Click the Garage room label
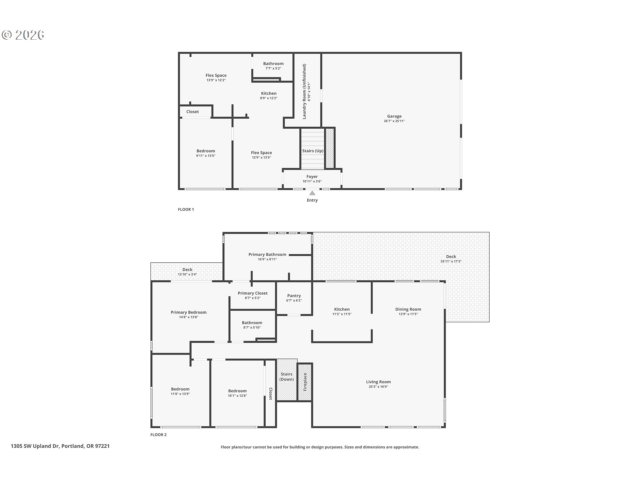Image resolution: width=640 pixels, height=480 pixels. point(394,116)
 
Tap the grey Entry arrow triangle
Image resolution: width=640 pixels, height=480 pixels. point(312,193)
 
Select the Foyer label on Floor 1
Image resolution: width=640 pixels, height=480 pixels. point(312,177)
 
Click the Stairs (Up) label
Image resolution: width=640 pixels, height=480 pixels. point(313,151)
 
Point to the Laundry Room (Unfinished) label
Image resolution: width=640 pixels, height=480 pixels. point(304,92)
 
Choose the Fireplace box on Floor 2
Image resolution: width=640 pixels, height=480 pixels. point(305,382)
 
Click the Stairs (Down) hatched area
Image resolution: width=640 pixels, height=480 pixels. point(287,380)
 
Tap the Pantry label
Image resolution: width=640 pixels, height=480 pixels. point(294,296)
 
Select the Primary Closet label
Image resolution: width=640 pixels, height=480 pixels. point(253,293)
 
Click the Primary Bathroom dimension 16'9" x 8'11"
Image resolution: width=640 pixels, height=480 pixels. point(267,259)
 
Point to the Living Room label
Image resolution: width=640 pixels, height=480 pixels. point(378,382)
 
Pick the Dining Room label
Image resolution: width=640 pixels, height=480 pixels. point(408,309)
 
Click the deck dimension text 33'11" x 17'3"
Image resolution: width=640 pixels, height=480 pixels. point(451,261)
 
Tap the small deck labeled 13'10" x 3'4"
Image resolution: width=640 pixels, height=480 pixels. point(187,272)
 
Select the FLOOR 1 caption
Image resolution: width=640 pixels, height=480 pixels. point(186,209)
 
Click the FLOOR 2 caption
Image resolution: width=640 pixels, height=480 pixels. point(158,435)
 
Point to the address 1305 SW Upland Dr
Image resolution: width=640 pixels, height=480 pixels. point(35,446)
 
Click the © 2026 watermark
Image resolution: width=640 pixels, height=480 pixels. point(23,35)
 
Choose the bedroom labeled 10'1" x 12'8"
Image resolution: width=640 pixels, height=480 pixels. point(237,393)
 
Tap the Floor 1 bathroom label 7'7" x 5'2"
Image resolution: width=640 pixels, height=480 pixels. point(273,66)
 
